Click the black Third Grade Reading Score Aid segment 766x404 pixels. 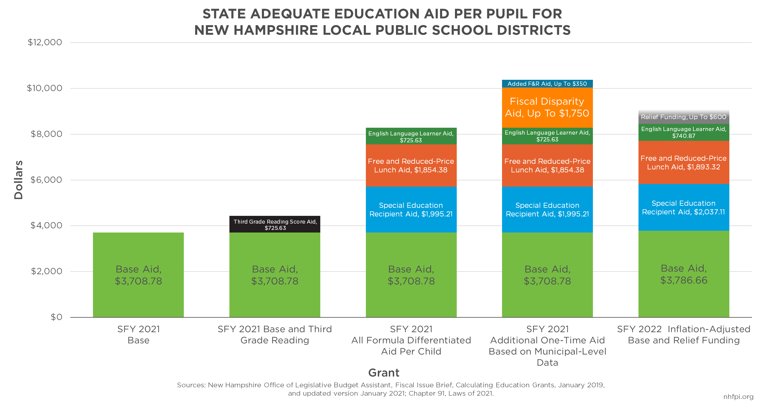point(274,224)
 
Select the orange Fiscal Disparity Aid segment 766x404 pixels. point(547,107)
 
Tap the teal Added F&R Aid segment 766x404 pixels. point(547,84)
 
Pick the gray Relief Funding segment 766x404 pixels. point(683,117)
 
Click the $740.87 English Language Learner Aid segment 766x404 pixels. point(683,132)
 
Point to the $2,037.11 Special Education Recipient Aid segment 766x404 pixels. point(683,208)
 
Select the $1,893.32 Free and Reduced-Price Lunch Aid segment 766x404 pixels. point(683,163)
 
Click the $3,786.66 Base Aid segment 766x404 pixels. point(683,274)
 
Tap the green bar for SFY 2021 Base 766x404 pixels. point(138,274)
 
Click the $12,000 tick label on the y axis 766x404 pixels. point(45,42)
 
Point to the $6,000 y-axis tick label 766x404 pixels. point(46,180)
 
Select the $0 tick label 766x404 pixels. point(56,317)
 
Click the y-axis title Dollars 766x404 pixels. point(18,180)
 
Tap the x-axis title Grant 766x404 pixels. point(383,373)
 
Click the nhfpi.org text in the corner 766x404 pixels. point(738,397)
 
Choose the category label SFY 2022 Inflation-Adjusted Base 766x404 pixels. point(683,335)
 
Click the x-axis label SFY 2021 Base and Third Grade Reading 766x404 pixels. point(274,335)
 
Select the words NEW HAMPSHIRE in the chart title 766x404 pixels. point(256,30)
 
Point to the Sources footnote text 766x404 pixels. point(391,389)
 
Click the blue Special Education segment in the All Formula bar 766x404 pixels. point(411,210)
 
